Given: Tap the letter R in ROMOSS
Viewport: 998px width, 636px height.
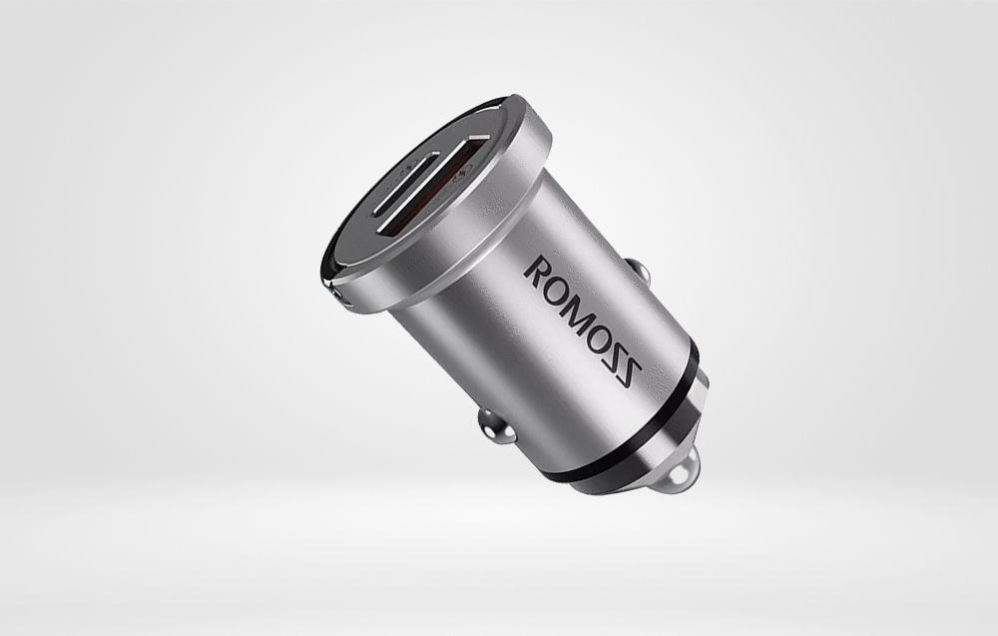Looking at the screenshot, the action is coord(539,268).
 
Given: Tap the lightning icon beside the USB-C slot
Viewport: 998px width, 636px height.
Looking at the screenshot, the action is coord(407,168).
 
